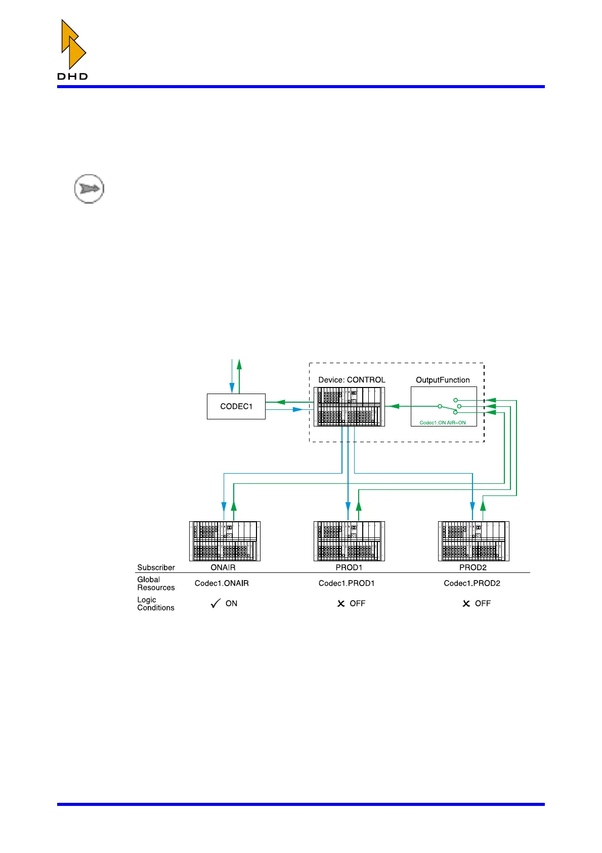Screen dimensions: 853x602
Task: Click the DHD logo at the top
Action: pos(73,50)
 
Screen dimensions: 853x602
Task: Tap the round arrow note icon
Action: pos(89,189)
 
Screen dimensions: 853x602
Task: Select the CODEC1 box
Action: pos(236,406)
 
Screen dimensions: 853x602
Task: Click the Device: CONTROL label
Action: pos(352,380)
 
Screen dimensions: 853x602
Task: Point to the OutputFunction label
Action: pos(443,380)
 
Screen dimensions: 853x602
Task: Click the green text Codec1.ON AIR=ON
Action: pos(443,422)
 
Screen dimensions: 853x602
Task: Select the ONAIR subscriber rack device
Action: pos(225,541)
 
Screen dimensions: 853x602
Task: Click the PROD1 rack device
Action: pos(349,541)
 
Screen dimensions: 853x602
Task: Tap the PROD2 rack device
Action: pos(474,541)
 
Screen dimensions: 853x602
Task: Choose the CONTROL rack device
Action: pos(349,407)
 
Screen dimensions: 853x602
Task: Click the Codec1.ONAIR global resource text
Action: pos(222,584)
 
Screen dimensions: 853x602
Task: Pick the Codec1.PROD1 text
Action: pos(347,584)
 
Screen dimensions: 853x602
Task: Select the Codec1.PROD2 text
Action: pos(472,584)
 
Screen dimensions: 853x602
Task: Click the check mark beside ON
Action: pos(216,603)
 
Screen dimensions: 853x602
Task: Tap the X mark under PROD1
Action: pos(341,604)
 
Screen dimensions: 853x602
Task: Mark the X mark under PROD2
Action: pos(466,604)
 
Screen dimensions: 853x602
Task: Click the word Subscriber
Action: pos(156,568)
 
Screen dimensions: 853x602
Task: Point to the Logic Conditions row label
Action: pos(156,604)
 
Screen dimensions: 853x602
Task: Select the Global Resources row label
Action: pos(156,584)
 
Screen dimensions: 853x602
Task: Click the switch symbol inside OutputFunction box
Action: pos(449,406)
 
